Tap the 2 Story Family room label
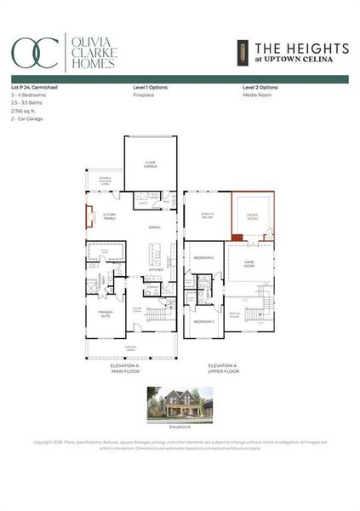point(109,215)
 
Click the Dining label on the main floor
point(154,227)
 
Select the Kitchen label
point(155,269)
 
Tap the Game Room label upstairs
point(249,263)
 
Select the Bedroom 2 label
point(203,257)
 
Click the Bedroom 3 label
point(203,321)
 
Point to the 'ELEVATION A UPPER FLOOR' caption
point(226,368)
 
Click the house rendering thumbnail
point(180,405)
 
